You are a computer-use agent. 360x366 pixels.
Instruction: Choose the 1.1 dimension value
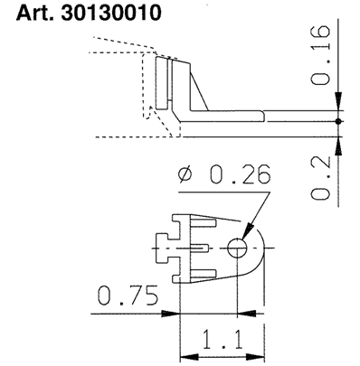point(221,343)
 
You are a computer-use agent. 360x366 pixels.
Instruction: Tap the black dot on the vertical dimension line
point(337,120)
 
